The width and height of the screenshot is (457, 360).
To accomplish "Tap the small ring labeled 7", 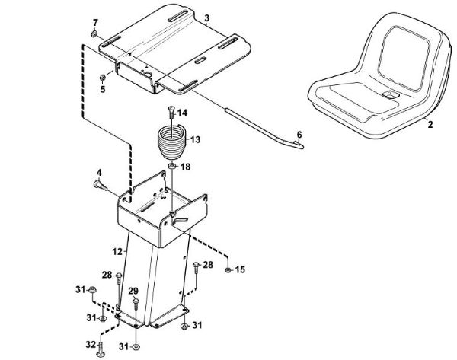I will (x=93, y=34).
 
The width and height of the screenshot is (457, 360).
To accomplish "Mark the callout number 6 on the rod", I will (x=299, y=134).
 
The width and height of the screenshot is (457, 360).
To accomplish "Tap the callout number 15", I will (x=240, y=269).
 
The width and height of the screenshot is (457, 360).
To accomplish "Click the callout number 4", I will (x=98, y=172).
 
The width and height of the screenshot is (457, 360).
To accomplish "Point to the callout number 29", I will (x=133, y=292).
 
